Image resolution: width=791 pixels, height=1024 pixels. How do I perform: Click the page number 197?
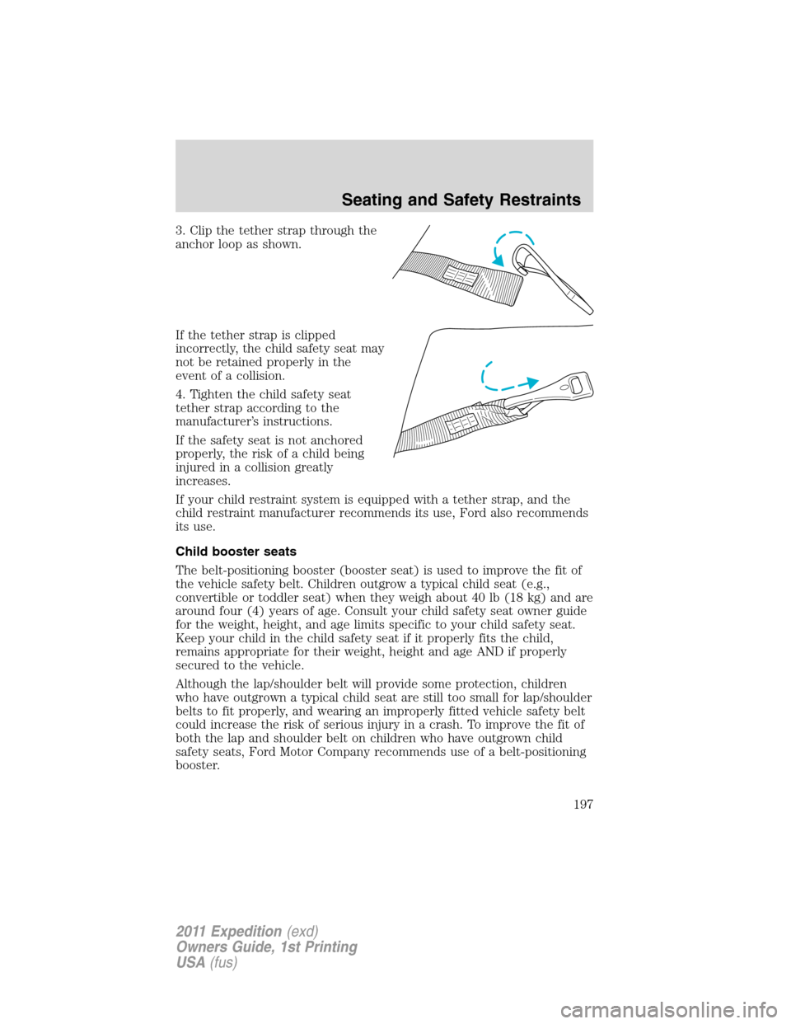pyautogui.click(x=583, y=804)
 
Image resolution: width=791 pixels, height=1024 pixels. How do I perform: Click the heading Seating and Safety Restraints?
pyautogui.click(x=461, y=200)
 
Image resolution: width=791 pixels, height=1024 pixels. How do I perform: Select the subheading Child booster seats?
pyautogui.click(x=236, y=552)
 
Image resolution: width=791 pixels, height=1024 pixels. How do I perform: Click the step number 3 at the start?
pyautogui.click(x=179, y=231)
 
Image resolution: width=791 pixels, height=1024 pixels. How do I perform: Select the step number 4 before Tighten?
pyautogui.click(x=179, y=395)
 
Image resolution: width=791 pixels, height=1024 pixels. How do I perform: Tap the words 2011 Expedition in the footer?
pyautogui.click(x=228, y=931)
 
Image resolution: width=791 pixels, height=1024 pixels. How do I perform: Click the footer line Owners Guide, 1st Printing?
pyautogui.click(x=266, y=946)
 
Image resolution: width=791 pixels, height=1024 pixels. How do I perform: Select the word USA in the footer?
pyautogui.click(x=190, y=962)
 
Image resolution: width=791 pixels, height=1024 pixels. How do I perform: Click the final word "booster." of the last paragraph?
pyautogui.click(x=198, y=765)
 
